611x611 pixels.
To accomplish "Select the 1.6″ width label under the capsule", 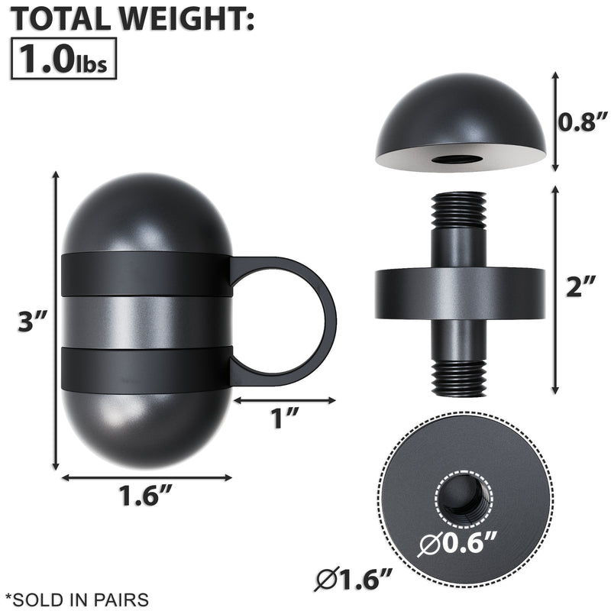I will point(145,497).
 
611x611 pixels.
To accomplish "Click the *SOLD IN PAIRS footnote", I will point(76,599).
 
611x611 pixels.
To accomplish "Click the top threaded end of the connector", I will point(459,209).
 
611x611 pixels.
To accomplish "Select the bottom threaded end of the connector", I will point(459,377).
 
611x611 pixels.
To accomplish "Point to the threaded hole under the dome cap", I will point(459,159).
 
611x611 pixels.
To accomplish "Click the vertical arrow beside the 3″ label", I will point(56,321).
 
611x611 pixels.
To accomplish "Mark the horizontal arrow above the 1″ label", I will point(284,399).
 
